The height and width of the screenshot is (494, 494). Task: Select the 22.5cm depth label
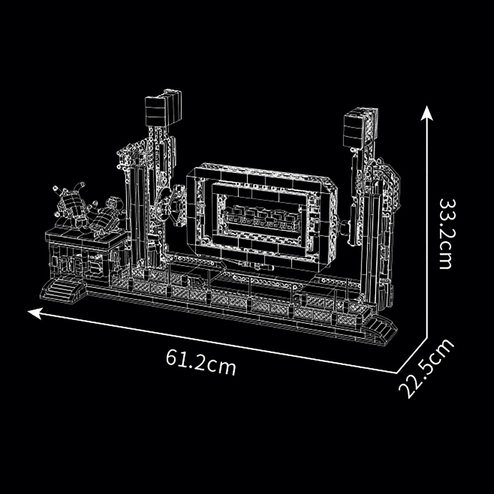pyautogui.click(x=426, y=369)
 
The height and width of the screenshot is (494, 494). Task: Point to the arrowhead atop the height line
pyautogui.click(x=427, y=113)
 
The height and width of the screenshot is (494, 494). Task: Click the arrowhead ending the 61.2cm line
pyautogui.click(x=34, y=313)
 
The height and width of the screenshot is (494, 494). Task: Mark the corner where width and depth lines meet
pyautogui.click(x=396, y=373)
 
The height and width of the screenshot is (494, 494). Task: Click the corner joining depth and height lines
pyautogui.click(x=427, y=338)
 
